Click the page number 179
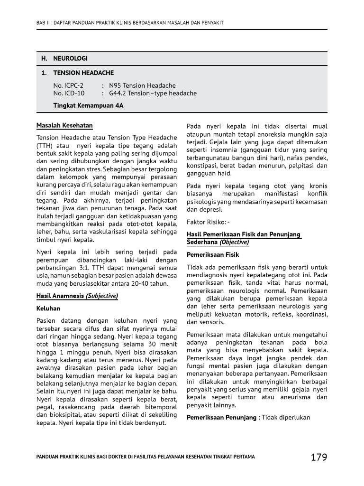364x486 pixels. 318,457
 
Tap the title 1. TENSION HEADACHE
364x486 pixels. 77,73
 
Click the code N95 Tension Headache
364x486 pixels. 142,85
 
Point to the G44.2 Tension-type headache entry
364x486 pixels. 153,93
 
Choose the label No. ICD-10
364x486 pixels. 69,93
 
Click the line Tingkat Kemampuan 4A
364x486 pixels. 88,105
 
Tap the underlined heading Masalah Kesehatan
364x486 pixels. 64,126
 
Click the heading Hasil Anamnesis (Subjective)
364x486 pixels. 77,296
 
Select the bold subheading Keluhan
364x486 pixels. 48,308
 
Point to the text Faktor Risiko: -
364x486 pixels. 208,222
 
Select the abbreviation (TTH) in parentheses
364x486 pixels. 45,145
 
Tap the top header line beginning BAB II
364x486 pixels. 130,23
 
